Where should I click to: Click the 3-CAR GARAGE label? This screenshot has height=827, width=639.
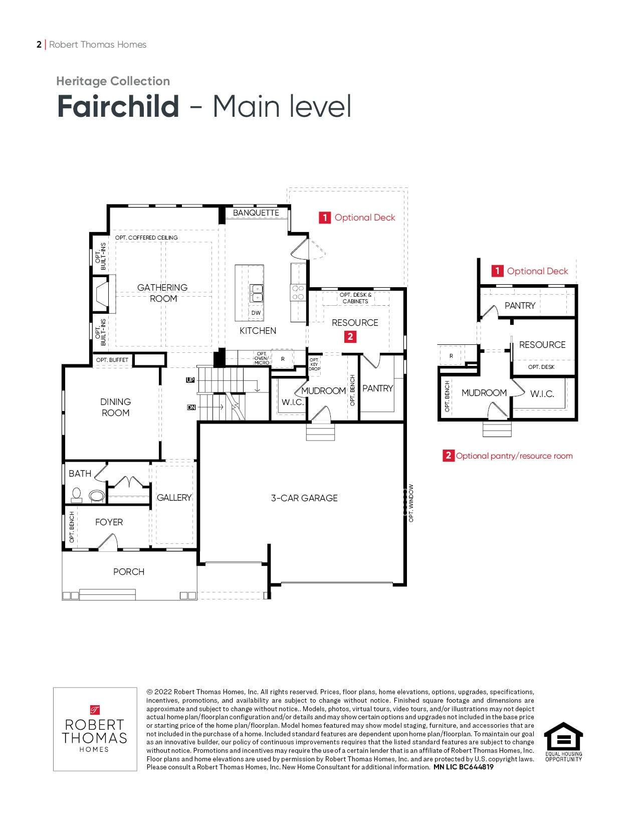click(x=304, y=498)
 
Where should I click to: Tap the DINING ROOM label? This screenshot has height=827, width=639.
click(x=115, y=407)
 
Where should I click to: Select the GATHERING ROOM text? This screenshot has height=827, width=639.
click(x=162, y=293)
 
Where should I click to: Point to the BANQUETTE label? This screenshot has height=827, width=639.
click(x=256, y=213)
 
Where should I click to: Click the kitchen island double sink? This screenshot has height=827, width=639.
click(x=256, y=293)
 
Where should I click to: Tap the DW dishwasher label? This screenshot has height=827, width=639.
click(x=256, y=313)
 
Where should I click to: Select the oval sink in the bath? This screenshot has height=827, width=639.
click(x=97, y=496)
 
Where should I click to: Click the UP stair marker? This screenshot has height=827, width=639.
click(x=190, y=380)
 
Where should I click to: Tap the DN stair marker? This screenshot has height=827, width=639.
click(x=191, y=407)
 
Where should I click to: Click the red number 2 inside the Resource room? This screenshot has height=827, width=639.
click(x=350, y=336)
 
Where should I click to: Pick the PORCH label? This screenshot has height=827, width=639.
click(x=129, y=571)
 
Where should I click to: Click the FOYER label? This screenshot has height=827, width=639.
click(x=109, y=522)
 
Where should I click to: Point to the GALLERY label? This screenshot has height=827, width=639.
click(x=174, y=497)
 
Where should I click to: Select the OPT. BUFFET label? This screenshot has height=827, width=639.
click(x=112, y=360)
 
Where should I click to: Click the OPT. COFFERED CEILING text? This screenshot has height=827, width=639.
click(x=146, y=238)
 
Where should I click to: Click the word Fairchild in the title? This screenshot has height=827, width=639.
click(x=118, y=106)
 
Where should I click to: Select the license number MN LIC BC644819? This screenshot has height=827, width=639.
click(x=463, y=767)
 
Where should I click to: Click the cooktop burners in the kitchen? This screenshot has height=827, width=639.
click(x=298, y=292)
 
